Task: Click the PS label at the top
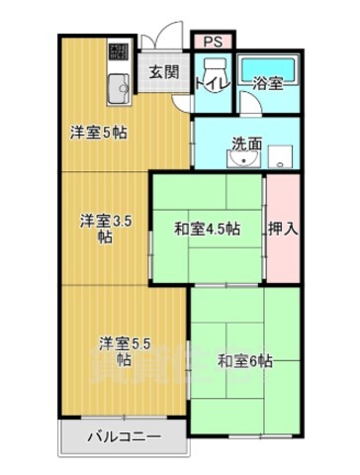(213, 41)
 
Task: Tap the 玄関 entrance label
(163, 71)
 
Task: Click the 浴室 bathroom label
(268, 83)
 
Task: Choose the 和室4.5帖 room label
(206, 229)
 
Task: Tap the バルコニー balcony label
(123, 435)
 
